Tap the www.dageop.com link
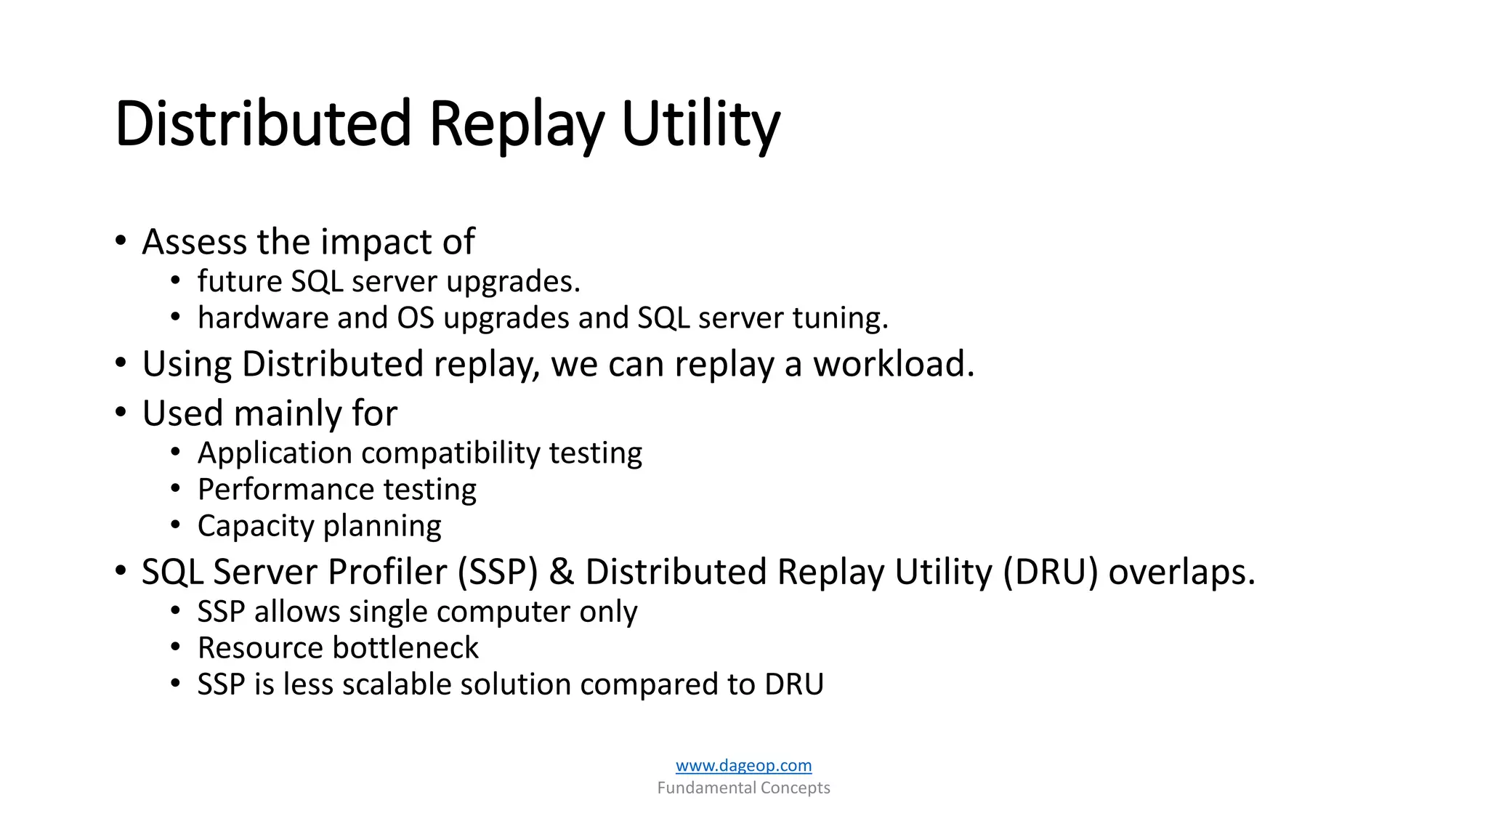click(x=743, y=765)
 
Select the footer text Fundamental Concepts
click(x=743, y=788)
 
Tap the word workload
click(x=893, y=363)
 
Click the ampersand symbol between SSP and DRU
click(x=561, y=572)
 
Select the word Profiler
click(x=387, y=572)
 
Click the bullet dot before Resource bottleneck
click(x=175, y=647)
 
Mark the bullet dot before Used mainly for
click(x=121, y=412)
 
